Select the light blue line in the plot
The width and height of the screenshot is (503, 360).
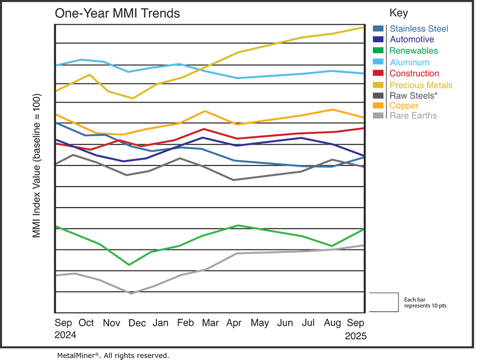click(x=282, y=74)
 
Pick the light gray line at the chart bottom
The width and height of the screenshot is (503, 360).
click(x=282, y=255)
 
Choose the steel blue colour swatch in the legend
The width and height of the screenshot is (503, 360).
click(x=377, y=23)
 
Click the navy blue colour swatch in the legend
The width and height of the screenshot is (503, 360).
click(x=377, y=39)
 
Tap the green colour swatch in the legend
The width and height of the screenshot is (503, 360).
click(x=377, y=50)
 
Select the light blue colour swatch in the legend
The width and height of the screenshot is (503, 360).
click(x=377, y=61)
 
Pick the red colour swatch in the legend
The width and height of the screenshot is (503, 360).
click(x=377, y=73)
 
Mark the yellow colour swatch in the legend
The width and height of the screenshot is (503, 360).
click(x=377, y=84)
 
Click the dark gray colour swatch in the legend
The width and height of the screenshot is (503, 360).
click(x=377, y=95)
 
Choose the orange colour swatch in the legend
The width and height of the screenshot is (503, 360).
click(x=377, y=106)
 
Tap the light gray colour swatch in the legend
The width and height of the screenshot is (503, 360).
click(x=377, y=121)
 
